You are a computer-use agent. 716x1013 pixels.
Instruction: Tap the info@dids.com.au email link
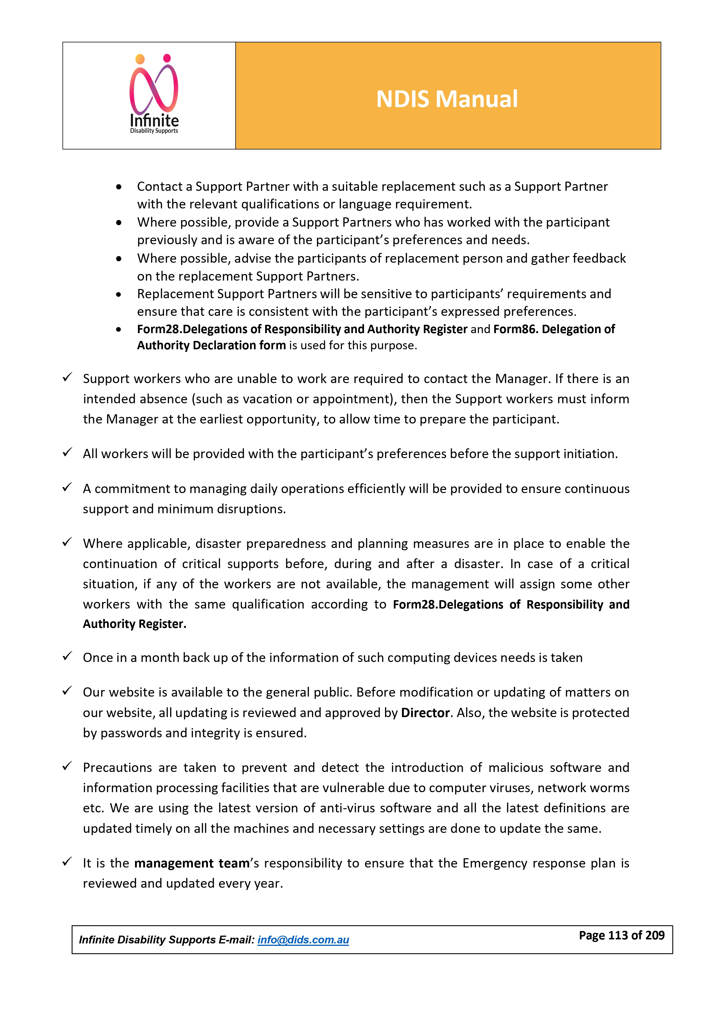coord(303,940)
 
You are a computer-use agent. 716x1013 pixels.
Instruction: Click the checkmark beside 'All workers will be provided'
coord(67,453)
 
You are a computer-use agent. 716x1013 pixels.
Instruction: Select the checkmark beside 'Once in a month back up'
coord(67,656)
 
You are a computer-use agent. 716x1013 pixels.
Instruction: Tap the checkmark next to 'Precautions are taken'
coord(67,766)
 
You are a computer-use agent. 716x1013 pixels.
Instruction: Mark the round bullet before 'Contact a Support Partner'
coord(119,187)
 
